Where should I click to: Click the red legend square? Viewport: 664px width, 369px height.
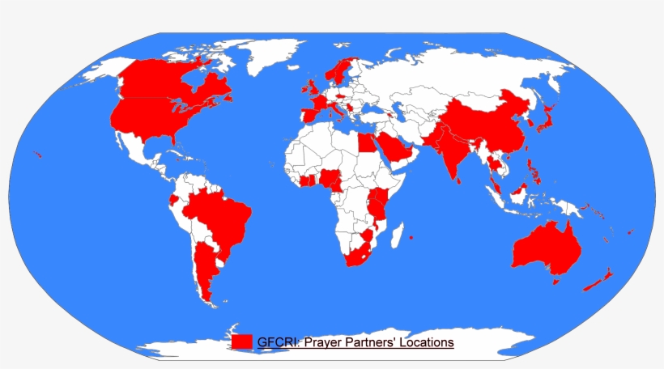pyautogui.click(x=241, y=342)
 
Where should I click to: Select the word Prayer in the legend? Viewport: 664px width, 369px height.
pyautogui.click(x=322, y=342)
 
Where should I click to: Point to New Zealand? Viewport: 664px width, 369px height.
pyautogui.click(x=599, y=280)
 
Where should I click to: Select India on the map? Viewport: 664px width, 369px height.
pyautogui.click(x=449, y=154)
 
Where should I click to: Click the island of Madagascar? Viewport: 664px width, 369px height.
pyautogui.click(x=396, y=234)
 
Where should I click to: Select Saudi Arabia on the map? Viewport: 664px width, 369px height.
pyautogui.click(x=395, y=149)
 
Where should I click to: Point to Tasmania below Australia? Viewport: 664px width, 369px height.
pyautogui.click(x=555, y=282)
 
